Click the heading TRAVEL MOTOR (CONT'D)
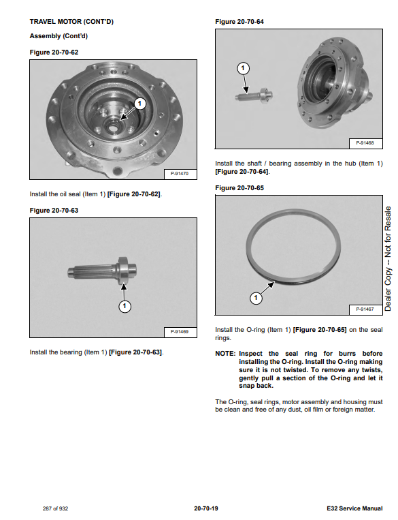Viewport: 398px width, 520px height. coord(71,22)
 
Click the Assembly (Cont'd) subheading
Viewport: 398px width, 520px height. coord(59,36)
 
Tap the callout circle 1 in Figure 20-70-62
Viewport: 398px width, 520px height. coord(139,104)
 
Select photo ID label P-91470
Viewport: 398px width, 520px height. coord(180,173)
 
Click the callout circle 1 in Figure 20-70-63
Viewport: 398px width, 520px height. coord(125,306)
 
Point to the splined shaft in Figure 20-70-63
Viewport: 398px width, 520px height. coord(102,271)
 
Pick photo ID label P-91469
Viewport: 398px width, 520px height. coord(180,332)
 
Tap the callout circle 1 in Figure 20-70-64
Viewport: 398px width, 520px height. coord(243,68)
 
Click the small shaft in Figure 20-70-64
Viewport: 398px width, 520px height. coord(254,96)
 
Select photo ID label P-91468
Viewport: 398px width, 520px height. coord(365,143)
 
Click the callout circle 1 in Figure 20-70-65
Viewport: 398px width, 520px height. coord(256,298)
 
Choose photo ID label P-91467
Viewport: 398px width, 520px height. coord(365,309)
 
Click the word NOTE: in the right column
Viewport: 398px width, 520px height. coord(225,354)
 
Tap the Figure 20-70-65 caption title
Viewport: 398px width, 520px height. coord(239,188)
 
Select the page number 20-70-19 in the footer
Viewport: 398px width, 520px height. coord(206,508)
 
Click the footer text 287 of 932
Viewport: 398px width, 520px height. coord(55,508)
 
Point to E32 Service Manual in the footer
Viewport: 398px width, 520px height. coord(354,508)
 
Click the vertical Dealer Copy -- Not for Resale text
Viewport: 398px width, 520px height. coord(388,259)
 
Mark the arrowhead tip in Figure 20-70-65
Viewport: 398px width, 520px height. coord(274,282)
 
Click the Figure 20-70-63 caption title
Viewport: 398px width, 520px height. coord(54,211)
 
